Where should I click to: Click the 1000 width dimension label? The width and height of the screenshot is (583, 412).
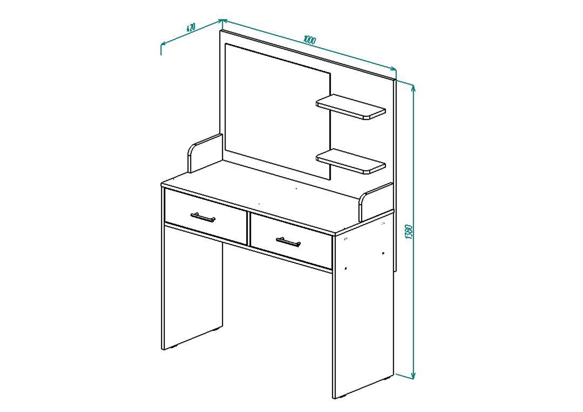pos(309,40)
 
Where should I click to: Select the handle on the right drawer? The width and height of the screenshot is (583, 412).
pos(288,242)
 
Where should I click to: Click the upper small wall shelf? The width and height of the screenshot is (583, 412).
pos(351,107)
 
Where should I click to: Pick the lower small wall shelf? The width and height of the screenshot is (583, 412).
pos(351,161)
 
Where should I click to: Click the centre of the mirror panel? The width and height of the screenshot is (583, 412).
pos(278,111)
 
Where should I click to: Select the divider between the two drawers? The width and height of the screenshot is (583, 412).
pos(248,229)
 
